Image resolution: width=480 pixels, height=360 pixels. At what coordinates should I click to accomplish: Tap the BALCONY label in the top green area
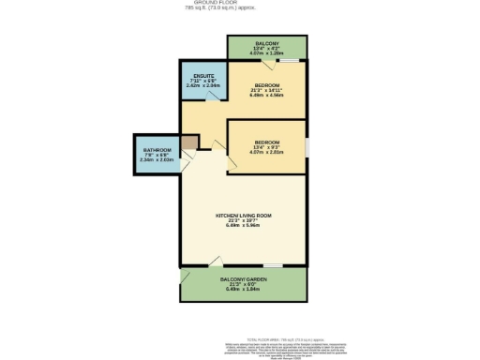coord(266,43)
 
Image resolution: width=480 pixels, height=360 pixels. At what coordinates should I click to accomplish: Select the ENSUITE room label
coord(203,75)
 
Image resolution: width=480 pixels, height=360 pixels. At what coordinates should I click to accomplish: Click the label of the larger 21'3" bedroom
coord(267,84)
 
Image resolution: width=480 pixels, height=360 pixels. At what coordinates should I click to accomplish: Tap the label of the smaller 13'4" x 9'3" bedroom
coord(267,142)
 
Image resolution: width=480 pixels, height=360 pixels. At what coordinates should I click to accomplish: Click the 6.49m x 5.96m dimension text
coord(242,226)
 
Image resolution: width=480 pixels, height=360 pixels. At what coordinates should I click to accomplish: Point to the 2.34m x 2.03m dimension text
coord(157,160)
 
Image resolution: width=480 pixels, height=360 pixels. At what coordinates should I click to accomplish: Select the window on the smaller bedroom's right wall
coord(306,146)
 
